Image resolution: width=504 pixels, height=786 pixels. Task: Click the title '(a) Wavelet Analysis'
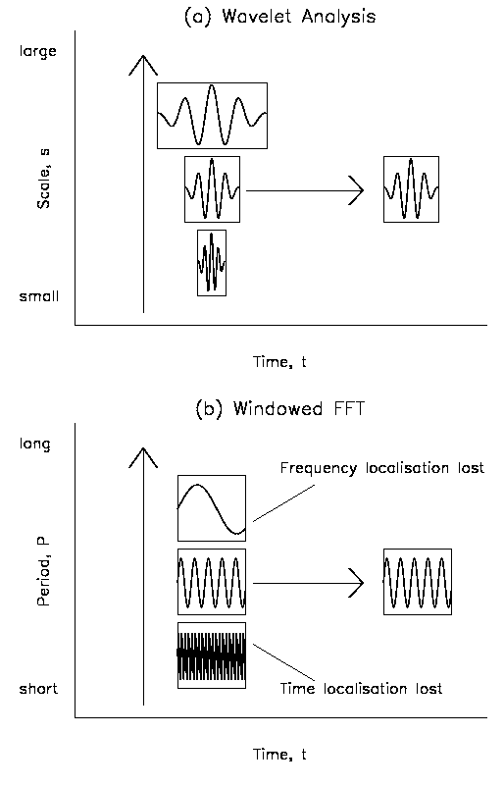pos(280,17)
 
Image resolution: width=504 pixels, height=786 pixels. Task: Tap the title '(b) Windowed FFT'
pos(280,409)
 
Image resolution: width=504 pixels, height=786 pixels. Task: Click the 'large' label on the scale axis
pos(37,52)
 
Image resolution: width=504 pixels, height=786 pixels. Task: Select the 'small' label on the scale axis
pos(38,296)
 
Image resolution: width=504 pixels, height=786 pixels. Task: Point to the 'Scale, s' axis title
pos(43,179)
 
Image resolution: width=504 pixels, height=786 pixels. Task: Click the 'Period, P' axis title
pos(43,571)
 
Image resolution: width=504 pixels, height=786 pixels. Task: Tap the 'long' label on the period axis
pos(34,445)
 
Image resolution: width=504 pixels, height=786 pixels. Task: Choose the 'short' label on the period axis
pos(38,689)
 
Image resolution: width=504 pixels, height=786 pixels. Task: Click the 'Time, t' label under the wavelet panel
pos(279,362)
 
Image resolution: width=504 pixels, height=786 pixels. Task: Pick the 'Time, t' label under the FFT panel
pos(279,755)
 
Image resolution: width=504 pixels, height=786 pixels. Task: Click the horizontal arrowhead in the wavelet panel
pos(356,190)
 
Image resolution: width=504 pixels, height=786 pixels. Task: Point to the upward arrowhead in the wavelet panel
pos(143,64)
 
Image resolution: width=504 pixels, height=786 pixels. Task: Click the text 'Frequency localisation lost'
pos(382,468)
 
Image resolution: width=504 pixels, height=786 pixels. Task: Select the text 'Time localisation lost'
pos(361,689)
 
